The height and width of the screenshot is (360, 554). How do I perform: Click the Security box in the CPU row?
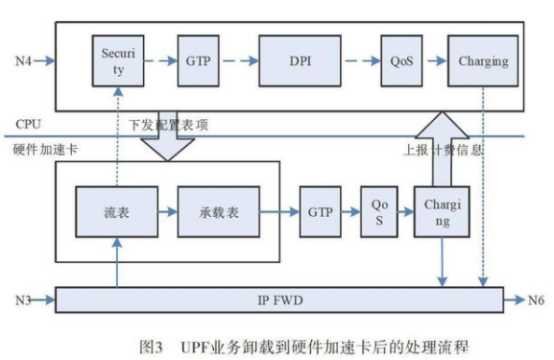click(117, 61)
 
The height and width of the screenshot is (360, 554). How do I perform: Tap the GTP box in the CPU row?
click(198, 62)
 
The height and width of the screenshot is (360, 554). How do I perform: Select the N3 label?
click(24, 299)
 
